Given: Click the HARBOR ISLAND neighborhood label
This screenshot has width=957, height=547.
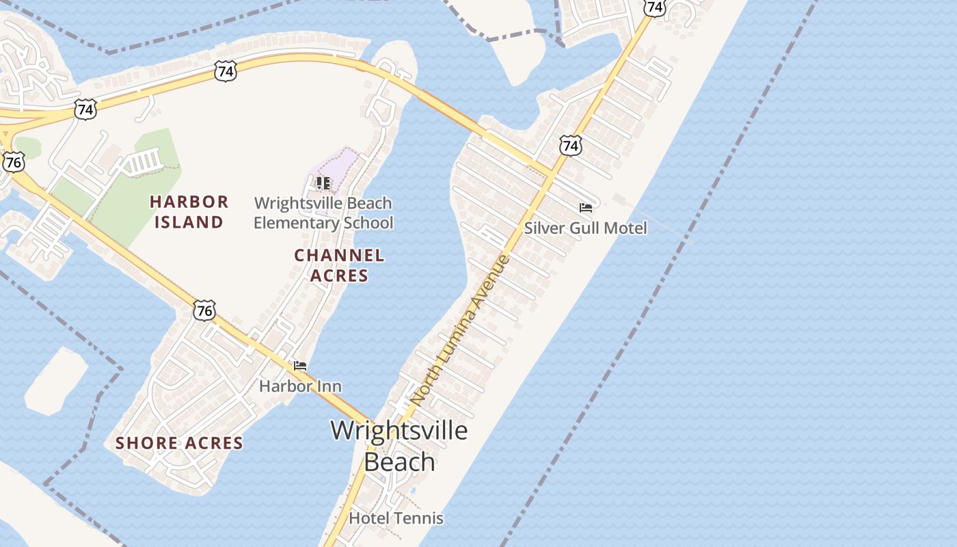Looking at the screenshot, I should click(189, 211).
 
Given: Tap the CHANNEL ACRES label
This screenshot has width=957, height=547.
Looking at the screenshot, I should click(339, 265).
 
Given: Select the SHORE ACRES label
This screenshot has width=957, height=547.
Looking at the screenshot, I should click(179, 443).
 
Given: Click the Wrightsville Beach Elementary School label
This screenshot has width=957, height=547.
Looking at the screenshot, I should click(323, 213).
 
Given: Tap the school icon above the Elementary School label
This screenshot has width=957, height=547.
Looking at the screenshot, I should click(323, 183).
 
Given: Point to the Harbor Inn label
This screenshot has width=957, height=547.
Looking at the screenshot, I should click(300, 386).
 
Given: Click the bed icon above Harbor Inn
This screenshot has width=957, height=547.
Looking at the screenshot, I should click(300, 366).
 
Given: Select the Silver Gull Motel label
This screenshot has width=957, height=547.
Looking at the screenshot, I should click(585, 228).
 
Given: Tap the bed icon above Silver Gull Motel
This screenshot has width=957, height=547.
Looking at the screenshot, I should click(585, 208).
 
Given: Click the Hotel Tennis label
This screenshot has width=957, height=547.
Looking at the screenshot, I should click(396, 518).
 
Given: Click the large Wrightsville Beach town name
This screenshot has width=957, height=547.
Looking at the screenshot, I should click(399, 445).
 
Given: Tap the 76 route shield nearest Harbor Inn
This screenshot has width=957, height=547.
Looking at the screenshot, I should click(204, 310).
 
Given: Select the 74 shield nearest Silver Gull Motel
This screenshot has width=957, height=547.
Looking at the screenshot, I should click(570, 145).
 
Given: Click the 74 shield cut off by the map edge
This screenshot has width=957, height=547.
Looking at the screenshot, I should click(655, 7).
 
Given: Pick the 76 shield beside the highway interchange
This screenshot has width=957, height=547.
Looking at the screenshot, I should click(14, 161).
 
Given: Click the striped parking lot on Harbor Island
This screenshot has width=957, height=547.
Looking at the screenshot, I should click(144, 162).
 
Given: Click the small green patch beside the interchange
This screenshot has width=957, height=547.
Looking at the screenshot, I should click(27, 147).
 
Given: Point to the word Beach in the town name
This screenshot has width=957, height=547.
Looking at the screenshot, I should click(399, 462).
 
